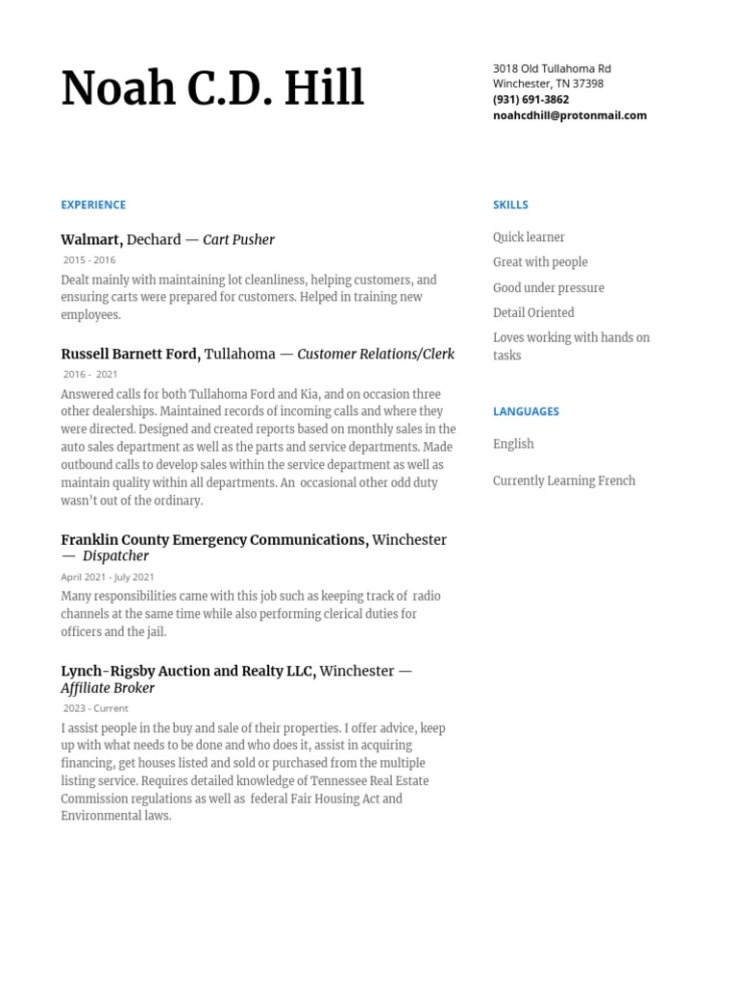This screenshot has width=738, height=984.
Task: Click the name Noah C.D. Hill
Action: pyautogui.click(x=212, y=89)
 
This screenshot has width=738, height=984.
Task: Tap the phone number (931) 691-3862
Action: pyautogui.click(x=530, y=99)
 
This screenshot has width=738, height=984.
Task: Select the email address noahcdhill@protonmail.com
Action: pyautogui.click(x=569, y=114)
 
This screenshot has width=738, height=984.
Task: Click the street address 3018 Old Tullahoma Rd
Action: pyautogui.click(x=552, y=68)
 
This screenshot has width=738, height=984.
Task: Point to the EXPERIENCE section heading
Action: pyautogui.click(x=93, y=205)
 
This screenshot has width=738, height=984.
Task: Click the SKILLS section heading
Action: pyautogui.click(x=510, y=205)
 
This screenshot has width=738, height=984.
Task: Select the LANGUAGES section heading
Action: pyautogui.click(x=526, y=411)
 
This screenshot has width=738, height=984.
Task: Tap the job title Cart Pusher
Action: pyautogui.click(x=238, y=239)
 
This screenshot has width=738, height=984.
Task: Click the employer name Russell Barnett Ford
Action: pyautogui.click(x=130, y=354)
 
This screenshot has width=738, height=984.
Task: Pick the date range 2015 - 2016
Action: pyautogui.click(x=89, y=259)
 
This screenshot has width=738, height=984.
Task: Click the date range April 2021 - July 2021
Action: pyautogui.click(x=108, y=577)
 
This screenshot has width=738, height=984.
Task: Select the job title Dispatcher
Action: pyautogui.click(x=115, y=555)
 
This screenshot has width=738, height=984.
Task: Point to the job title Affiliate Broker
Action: pyautogui.click(x=108, y=688)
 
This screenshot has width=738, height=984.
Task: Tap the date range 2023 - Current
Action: pyautogui.click(x=95, y=708)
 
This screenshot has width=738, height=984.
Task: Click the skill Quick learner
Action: pyautogui.click(x=529, y=237)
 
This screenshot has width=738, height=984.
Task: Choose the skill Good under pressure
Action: pyautogui.click(x=549, y=287)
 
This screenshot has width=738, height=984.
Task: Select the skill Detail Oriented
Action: pyautogui.click(x=533, y=312)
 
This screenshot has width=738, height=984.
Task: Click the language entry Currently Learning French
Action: pyautogui.click(x=564, y=480)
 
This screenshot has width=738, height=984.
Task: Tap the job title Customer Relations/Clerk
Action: pyautogui.click(x=376, y=354)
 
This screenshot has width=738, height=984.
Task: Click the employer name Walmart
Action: pyautogui.click(x=91, y=239)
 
